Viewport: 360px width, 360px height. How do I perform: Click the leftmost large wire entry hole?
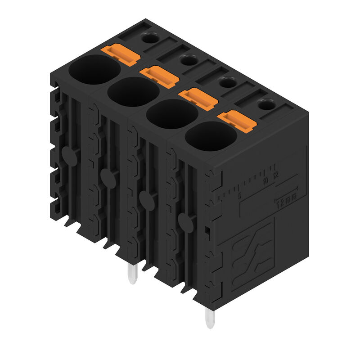(x=94, y=69)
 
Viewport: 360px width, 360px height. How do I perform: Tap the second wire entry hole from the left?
(x=133, y=91)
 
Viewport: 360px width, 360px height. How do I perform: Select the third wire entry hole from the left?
(x=172, y=113)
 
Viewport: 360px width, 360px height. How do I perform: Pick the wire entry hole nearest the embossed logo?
(x=211, y=136)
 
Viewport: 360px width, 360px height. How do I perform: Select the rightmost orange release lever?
(x=236, y=120)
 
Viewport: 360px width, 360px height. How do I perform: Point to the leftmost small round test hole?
(x=150, y=38)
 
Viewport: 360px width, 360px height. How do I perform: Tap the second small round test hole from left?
(x=189, y=60)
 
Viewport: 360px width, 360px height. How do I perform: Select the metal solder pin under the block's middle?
(x=132, y=274)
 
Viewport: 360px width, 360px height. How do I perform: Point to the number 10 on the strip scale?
(x=265, y=180)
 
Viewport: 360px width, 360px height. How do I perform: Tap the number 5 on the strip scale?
(x=240, y=195)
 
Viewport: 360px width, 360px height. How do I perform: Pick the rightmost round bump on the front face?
(x=184, y=221)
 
